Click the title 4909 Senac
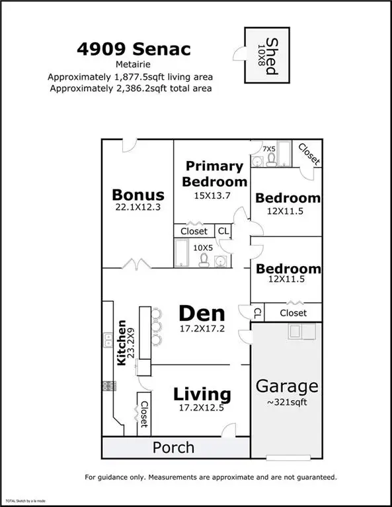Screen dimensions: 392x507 point(134,49)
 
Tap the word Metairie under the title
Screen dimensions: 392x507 point(133,64)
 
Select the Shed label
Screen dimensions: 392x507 point(272,56)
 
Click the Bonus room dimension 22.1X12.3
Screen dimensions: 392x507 point(138,207)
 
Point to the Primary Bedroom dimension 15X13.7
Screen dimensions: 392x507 point(212,195)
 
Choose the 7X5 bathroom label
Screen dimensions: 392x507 point(269,149)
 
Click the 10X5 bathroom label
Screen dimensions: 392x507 point(203,248)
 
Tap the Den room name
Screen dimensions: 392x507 point(202,314)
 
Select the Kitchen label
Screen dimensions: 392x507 point(122,343)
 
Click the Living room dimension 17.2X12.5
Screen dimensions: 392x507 point(202,408)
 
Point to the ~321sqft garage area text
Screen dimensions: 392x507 point(287,402)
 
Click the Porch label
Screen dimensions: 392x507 point(173,448)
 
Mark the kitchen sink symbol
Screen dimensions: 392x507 point(108,340)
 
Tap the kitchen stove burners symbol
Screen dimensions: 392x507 point(109,386)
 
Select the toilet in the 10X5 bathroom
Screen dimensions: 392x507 point(204,260)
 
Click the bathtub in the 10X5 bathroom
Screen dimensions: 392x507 point(182,253)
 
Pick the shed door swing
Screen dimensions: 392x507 point(239,53)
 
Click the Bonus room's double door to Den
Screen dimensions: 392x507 point(137,264)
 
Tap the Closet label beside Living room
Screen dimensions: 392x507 point(144,414)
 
